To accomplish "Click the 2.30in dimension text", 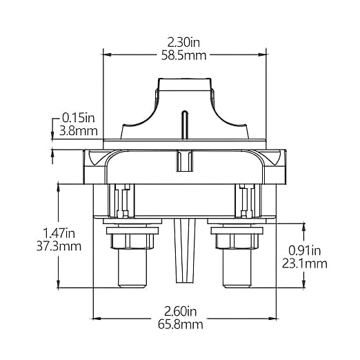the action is [x=183, y=43].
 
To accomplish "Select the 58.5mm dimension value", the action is [x=183, y=56].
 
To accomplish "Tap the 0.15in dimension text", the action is [x=79, y=118].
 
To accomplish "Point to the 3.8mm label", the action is [x=79, y=131].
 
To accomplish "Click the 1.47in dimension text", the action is [x=59, y=233].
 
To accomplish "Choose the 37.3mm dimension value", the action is [x=59, y=246].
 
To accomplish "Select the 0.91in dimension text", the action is [x=304, y=250].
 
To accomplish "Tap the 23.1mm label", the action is [x=305, y=263].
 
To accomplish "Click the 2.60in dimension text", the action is [x=181, y=312].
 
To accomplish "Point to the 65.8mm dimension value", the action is [x=181, y=325].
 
